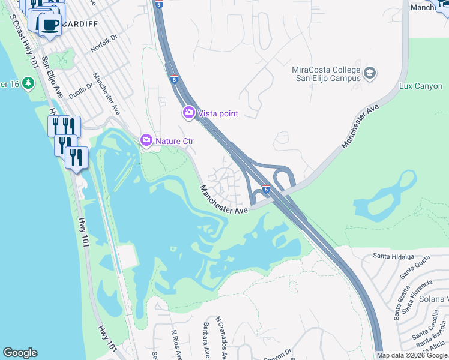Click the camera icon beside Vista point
[188, 113]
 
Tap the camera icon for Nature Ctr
[146, 140]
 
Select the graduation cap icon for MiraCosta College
[370, 74]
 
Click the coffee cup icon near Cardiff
[50, 25]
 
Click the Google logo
[20, 353]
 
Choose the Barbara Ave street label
[205, 341]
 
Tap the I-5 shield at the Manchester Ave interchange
[265, 190]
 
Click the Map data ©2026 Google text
[412, 355]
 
